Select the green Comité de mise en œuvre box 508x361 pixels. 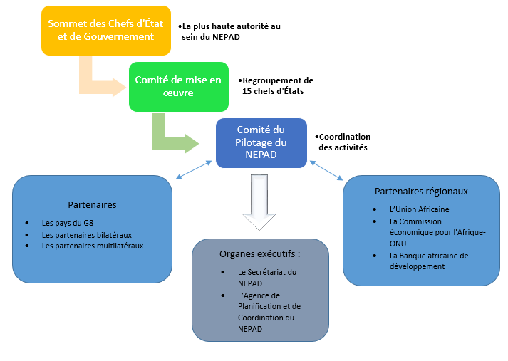(178, 86)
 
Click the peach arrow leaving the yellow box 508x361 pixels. (100, 82)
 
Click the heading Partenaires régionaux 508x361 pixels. (420, 191)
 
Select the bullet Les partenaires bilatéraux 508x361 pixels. (86, 234)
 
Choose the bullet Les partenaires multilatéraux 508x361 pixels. (93, 246)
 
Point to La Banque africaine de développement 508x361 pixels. (429, 261)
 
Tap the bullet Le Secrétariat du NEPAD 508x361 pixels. (266, 277)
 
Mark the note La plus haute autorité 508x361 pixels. (229, 31)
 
